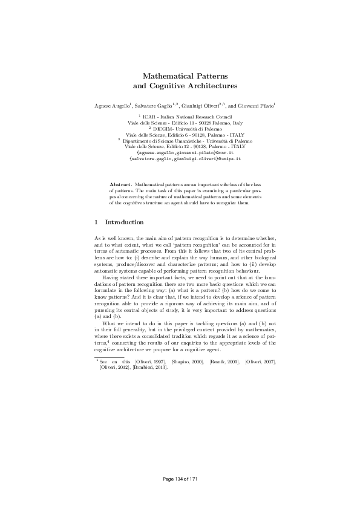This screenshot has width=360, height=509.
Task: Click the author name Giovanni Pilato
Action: click(x=254, y=106)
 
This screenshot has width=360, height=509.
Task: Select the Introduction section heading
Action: click(x=125, y=222)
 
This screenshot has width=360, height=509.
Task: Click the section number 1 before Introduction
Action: click(x=97, y=222)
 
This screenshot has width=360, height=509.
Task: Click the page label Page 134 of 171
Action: click(x=180, y=479)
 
